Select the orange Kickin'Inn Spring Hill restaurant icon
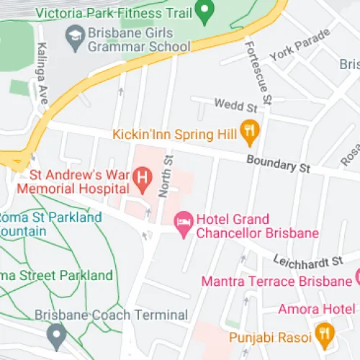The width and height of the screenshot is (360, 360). [x=250, y=130]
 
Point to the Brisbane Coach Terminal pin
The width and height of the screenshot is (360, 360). [x=56, y=333]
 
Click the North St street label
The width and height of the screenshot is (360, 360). [x=165, y=176]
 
